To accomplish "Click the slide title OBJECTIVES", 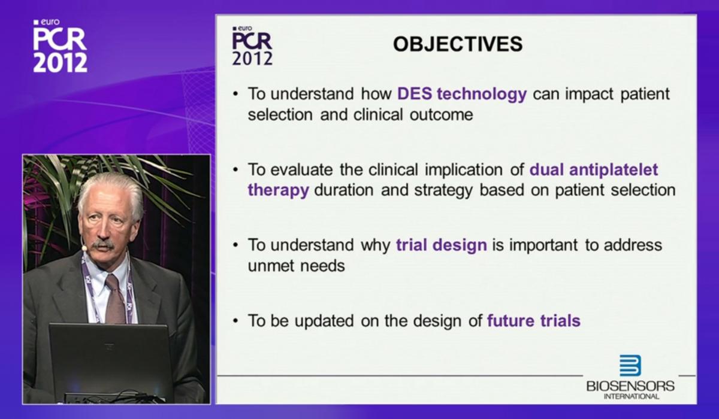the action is point(458,44).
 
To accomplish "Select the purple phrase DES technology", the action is point(462,94).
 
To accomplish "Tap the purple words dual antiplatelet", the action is point(594,169).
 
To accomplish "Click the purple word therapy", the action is point(278,190).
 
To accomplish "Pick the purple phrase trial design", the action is point(442,245).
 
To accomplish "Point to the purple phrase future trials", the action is point(534,321).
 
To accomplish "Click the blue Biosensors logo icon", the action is point(630,366).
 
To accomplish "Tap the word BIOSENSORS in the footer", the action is point(630,386).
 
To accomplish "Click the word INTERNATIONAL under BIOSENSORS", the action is point(632,397).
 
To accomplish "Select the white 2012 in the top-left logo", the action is point(61,62).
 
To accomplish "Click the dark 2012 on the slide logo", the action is point(252,58).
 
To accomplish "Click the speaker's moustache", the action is point(103,245).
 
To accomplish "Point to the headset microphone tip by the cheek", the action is point(84,248).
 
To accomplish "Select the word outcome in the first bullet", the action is point(442,115).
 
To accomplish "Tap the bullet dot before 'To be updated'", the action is point(236,321).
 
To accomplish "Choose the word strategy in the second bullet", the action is point(443,190).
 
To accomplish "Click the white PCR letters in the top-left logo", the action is point(60,39).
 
